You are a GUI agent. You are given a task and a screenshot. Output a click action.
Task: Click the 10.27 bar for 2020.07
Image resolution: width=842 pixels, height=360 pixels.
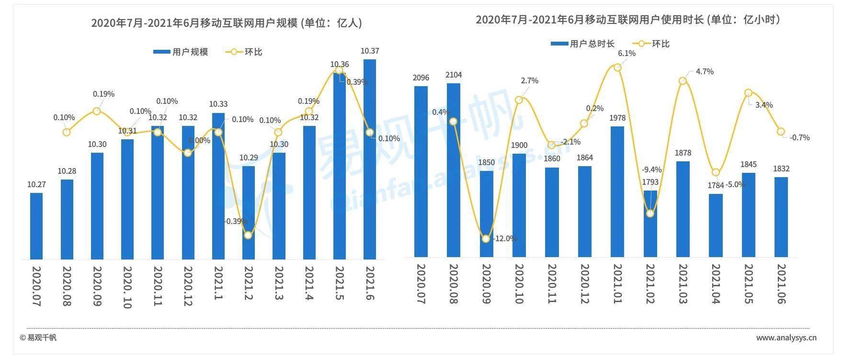click(36, 225)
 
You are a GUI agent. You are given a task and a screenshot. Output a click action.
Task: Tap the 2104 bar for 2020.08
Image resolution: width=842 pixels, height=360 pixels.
click(454, 170)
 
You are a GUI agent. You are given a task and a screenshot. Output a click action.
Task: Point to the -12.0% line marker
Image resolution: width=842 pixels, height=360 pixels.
click(486, 238)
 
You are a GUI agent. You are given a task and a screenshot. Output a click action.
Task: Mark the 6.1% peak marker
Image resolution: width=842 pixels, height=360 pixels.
click(617, 67)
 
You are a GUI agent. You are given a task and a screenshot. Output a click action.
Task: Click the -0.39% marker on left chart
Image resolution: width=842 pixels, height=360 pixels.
click(248, 235)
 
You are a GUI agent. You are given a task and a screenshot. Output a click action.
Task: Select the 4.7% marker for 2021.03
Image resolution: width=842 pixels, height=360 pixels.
click(683, 81)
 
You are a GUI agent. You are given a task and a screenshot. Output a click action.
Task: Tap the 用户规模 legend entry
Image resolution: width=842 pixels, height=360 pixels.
click(181, 52)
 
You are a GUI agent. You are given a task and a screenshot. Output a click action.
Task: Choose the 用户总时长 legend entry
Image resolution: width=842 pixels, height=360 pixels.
click(582, 44)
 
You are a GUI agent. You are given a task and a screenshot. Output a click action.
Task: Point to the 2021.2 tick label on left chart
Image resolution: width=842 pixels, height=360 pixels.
click(249, 283)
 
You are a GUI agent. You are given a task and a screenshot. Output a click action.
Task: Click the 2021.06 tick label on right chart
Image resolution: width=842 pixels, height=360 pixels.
click(781, 283)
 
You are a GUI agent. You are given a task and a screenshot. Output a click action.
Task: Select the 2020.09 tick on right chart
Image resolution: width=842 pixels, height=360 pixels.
click(486, 283)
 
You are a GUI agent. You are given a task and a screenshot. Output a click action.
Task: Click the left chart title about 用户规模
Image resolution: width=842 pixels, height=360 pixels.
click(227, 23)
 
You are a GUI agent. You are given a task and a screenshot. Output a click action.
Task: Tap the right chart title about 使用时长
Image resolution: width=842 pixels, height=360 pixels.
click(628, 20)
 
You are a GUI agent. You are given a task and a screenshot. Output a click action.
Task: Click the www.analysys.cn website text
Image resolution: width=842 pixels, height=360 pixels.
click(786, 337)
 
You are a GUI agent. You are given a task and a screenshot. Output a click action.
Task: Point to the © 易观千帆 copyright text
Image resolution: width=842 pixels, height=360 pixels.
click(38, 337)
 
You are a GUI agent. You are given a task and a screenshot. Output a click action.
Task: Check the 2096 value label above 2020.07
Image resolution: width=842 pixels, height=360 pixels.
click(421, 78)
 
